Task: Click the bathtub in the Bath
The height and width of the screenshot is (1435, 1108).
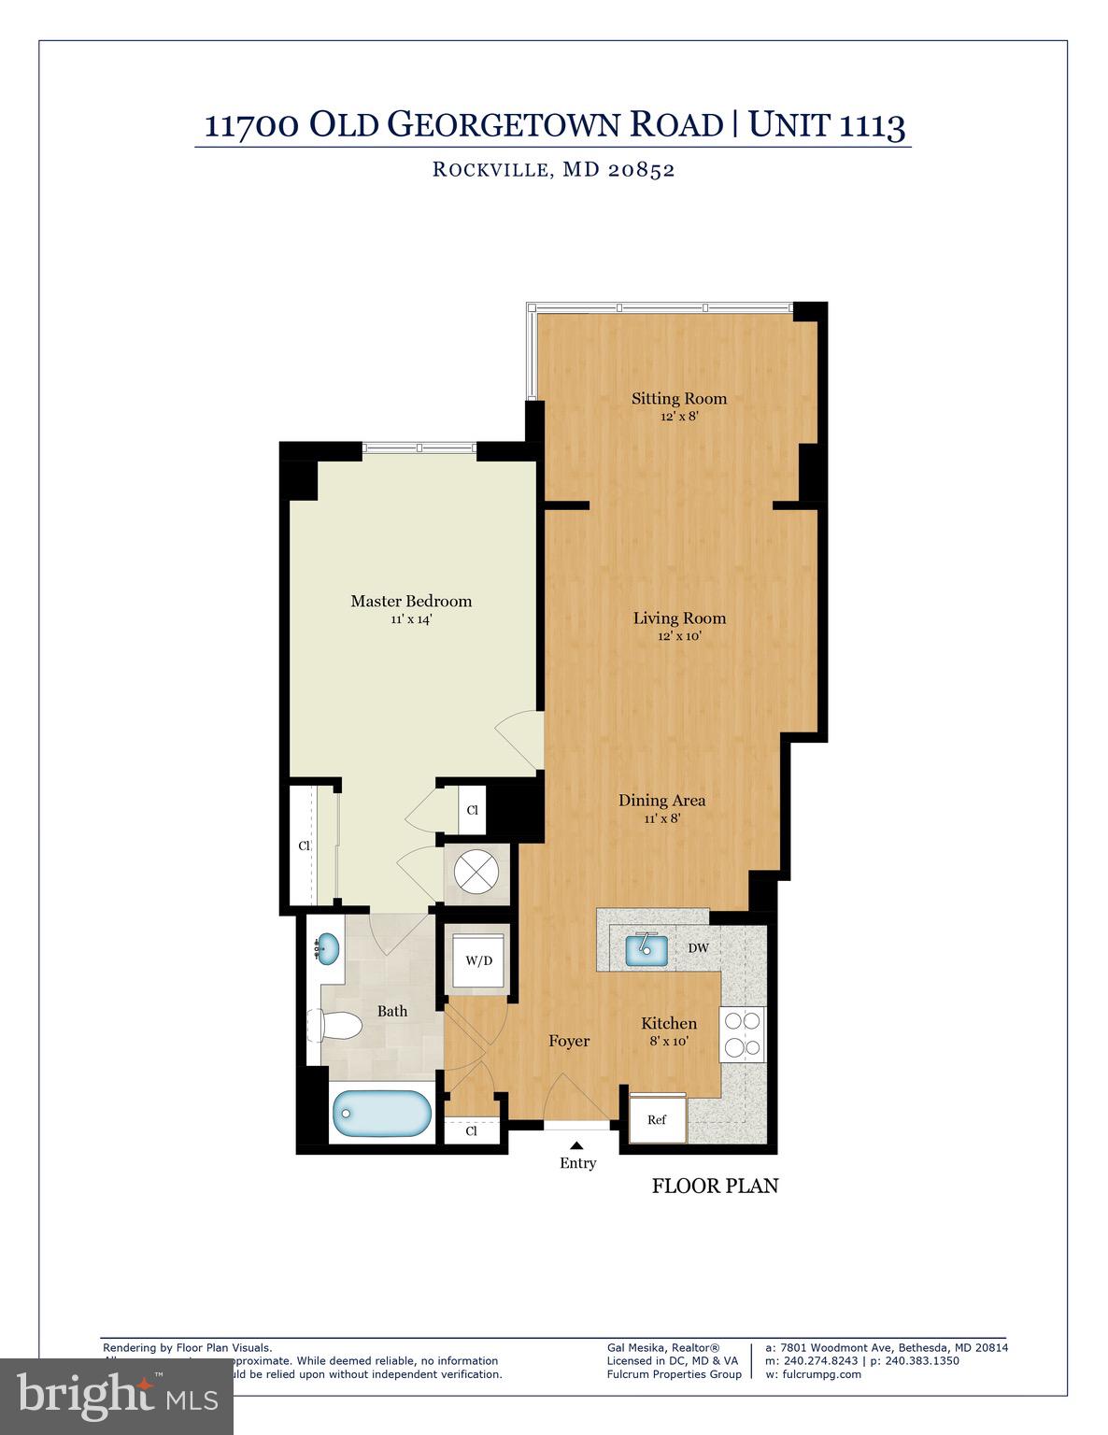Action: coord(382,1114)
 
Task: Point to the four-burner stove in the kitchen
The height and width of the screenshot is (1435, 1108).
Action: coord(742,1034)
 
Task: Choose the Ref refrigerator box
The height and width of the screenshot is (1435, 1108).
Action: coord(658,1118)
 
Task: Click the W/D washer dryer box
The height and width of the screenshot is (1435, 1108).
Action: coord(478,960)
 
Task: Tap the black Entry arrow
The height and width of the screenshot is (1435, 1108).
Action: coord(577,1145)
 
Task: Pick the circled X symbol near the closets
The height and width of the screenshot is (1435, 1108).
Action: coord(477,874)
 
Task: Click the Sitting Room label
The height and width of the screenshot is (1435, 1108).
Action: coord(679,399)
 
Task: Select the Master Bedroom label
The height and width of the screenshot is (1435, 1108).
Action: coord(411,601)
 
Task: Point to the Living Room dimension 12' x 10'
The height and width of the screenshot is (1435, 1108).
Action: coord(679,636)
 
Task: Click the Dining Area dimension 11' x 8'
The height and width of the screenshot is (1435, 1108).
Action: coord(661,818)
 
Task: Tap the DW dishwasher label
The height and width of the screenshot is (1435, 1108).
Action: coord(699,948)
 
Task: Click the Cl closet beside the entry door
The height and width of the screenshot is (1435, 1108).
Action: coord(472,1130)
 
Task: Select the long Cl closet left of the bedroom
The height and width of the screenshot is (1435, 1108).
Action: coord(305,846)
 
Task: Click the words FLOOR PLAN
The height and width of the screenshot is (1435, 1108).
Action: coord(715,1186)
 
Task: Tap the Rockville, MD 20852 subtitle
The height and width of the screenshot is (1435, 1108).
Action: coord(553,170)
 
